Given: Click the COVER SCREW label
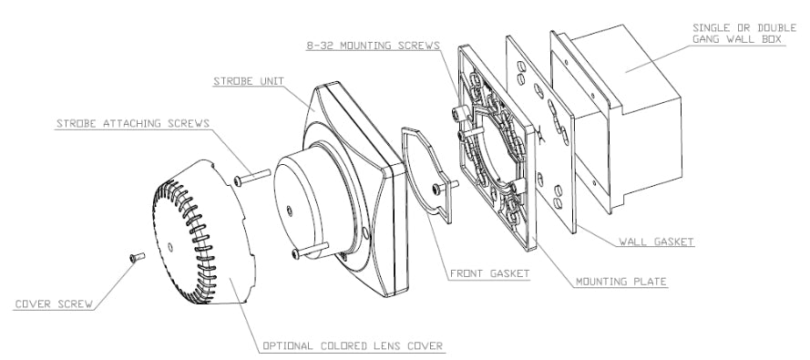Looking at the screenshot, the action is (x=54, y=303).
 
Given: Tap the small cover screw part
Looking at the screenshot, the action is (x=138, y=256).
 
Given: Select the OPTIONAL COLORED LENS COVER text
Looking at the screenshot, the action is (x=353, y=345).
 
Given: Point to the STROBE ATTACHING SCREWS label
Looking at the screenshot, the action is (x=133, y=123).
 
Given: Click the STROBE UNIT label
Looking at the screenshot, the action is (x=249, y=81).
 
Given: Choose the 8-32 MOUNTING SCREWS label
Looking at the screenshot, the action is (x=374, y=46).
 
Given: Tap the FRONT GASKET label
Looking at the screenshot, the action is (x=489, y=273).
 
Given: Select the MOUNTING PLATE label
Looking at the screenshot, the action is (x=620, y=282).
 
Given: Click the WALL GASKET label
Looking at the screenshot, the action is (x=656, y=242).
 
